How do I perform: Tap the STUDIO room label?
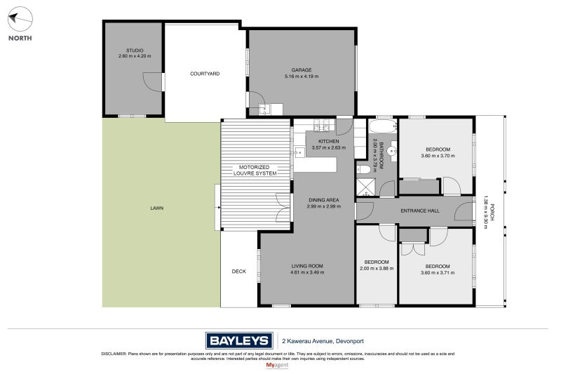pyautogui.click(x=135, y=51)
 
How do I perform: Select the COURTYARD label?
pyautogui.click(x=205, y=73)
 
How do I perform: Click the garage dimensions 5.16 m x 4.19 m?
pyautogui.click(x=302, y=76)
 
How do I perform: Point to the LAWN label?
pyautogui.click(x=158, y=208)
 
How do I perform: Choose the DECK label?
pyautogui.click(x=239, y=272)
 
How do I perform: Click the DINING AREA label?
pyautogui.click(x=325, y=199)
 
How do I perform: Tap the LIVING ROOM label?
pyautogui.click(x=307, y=265)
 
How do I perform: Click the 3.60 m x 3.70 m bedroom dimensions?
pyautogui.click(x=438, y=156)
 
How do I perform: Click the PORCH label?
pyautogui.click(x=493, y=213)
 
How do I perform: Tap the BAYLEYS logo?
pyautogui.click(x=238, y=340)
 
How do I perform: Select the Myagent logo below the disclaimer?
pyautogui.click(x=278, y=366)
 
